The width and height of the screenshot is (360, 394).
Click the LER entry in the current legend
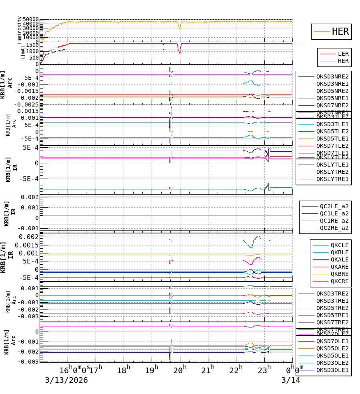pos(343,54)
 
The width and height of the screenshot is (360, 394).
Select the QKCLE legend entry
pos(339,245)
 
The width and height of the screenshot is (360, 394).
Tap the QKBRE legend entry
pos(339,274)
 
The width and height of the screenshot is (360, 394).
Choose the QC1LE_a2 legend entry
pos(334,213)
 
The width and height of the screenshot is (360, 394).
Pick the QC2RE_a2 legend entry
pos(334,228)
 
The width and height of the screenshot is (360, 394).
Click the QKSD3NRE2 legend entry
pos(332,76)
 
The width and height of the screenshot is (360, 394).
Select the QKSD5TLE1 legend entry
pos(332,139)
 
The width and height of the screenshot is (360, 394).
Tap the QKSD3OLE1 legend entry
pos(332,370)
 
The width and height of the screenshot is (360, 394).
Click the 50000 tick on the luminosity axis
pos(30,20)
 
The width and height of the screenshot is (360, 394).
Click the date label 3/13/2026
pos(66,380)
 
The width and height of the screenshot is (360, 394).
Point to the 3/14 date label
pos(290,380)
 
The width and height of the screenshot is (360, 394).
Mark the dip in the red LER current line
pos(180,52)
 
